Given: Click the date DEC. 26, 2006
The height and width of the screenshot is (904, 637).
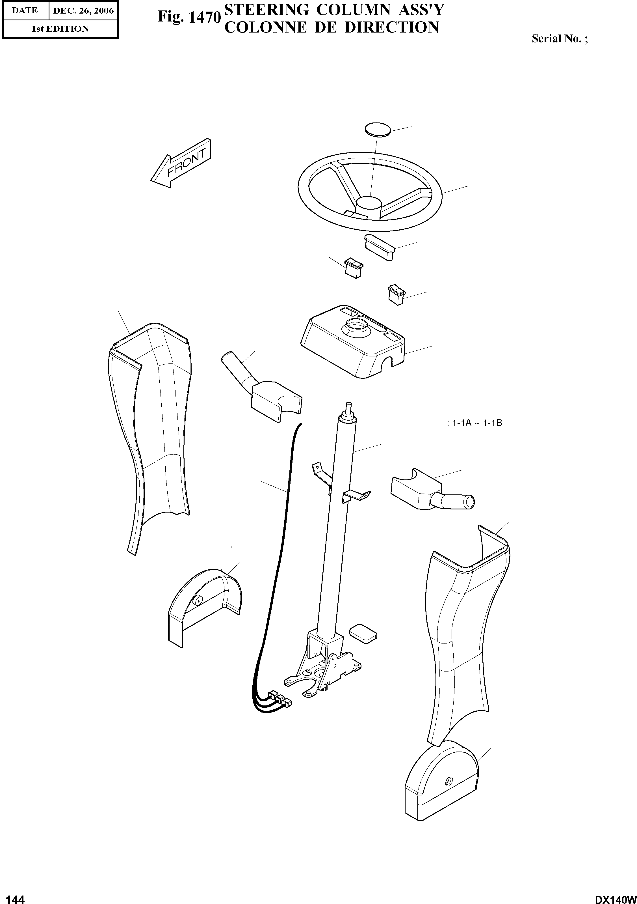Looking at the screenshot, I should coord(83,11).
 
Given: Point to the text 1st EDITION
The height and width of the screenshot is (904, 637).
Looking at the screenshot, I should coord(60,29).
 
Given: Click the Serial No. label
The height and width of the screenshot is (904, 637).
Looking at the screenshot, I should coord(559,38).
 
